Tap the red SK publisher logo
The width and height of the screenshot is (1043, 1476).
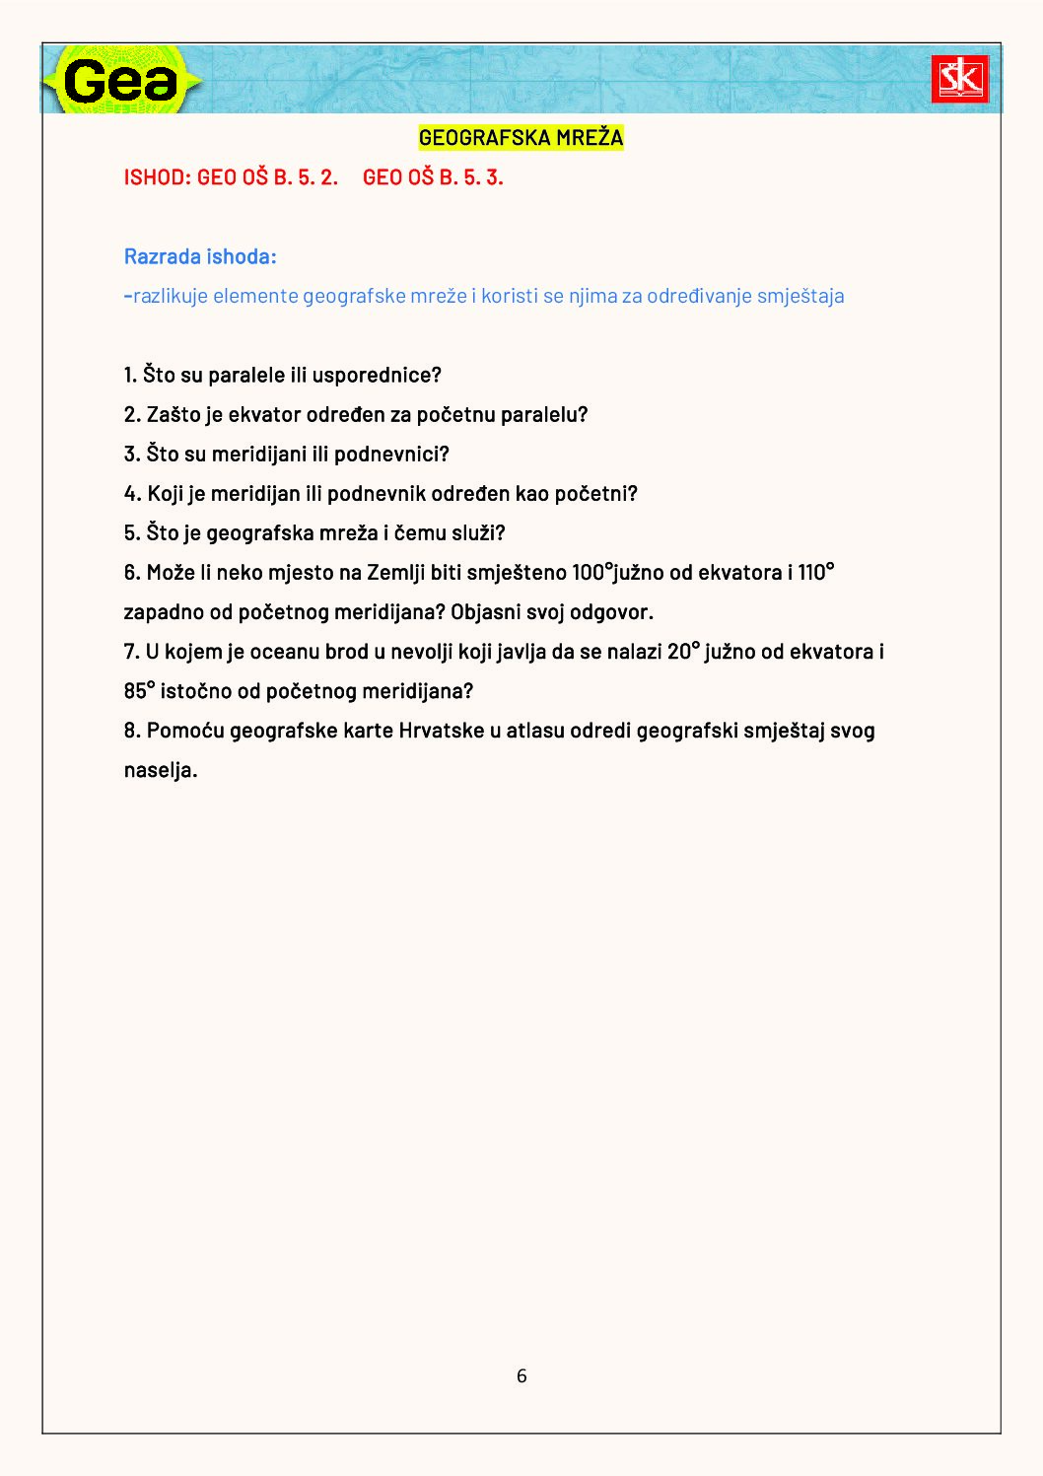[x=959, y=79]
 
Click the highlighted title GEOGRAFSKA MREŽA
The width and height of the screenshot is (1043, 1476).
[x=521, y=138]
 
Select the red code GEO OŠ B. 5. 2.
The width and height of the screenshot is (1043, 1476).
[x=268, y=177]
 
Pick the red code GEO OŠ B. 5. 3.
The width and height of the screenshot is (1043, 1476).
[x=433, y=177]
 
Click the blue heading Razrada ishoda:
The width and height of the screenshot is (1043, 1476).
[x=200, y=257]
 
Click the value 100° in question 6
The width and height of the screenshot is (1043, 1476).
[x=592, y=573]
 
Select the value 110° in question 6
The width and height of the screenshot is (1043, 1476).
[x=816, y=573]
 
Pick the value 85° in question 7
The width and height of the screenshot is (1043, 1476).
[x=139, y=691]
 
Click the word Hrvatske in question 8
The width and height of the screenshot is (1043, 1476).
[x=441, y=731]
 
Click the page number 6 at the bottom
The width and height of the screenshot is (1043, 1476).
[x=521, y=1375]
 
